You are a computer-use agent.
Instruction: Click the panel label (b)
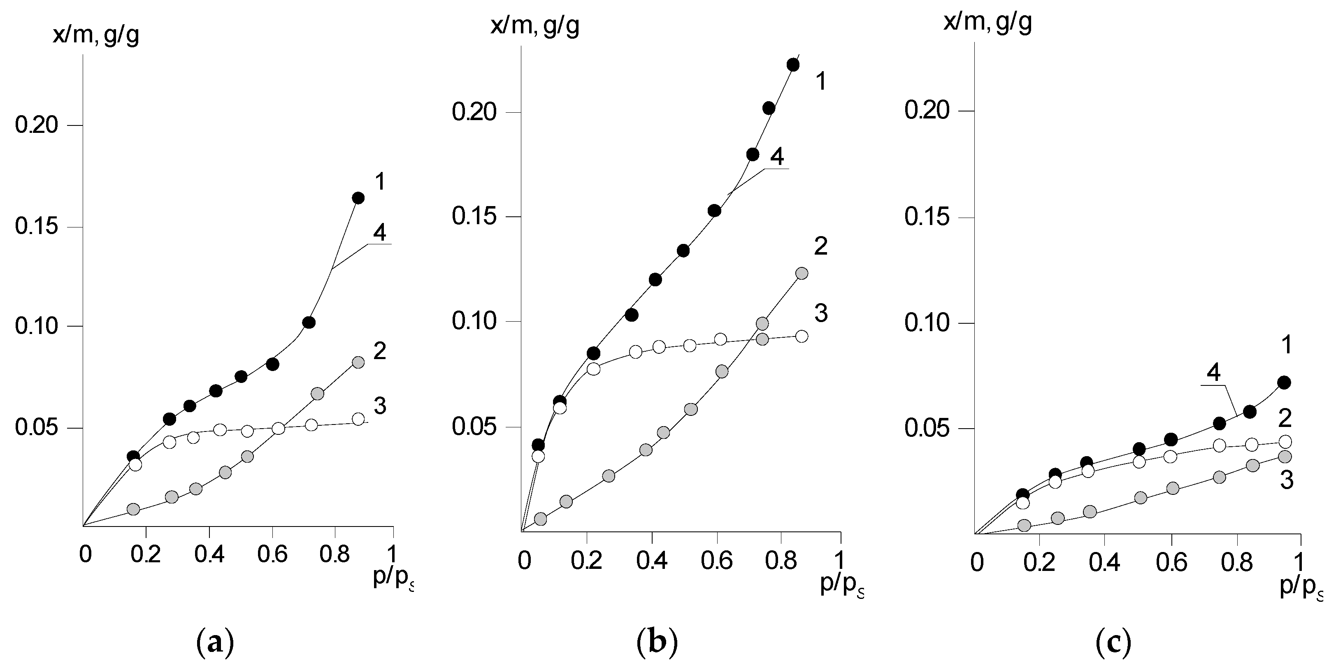click(x=657, y=642)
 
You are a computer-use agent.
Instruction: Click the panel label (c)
click(x=1113, y=642)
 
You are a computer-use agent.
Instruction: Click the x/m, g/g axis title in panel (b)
click(x=535, y=25)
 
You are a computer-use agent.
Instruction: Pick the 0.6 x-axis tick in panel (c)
click(x=1171, y=563)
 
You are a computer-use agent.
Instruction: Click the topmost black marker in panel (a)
click(x=358, y=198)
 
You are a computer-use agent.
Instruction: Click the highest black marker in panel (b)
click(x=793, y=65)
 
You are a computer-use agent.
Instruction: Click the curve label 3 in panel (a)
click(x=380, y=406)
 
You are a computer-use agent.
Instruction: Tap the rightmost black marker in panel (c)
click(x=1284, y=383)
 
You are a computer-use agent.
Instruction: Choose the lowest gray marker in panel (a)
click(x=133, y=509)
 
